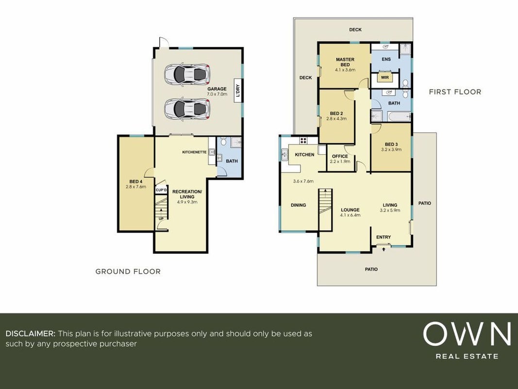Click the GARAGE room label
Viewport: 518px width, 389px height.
(217, 88)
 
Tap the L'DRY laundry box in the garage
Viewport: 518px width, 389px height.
(237, 90)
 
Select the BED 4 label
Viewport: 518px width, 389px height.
(136, 181)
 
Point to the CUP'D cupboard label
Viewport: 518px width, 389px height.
(161, 190)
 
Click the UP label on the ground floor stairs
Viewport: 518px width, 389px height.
(161, 219)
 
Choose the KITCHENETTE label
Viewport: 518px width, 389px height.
(194, 152)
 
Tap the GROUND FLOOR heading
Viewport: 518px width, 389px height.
(128, 272)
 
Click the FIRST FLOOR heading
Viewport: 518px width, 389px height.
(455, 92)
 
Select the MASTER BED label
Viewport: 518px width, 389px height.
(345, 62)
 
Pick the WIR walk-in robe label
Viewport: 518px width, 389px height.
(385, 77)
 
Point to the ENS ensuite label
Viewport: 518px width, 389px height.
(386, 59)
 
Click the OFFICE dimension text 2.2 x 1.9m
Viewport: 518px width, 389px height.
(340, 161)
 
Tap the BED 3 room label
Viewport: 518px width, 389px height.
(391, 144)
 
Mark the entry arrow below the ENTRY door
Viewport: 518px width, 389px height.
(384, 249)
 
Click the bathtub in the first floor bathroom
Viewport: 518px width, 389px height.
(399, 117)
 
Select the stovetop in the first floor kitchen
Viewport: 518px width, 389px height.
(303, 140)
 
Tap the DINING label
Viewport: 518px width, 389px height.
(298, 205)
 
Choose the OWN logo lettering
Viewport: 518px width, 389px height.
(467, 334)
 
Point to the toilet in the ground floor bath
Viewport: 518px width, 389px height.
(223, 142)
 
